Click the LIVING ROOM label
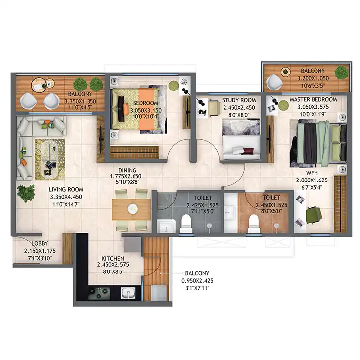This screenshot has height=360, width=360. (66, 190)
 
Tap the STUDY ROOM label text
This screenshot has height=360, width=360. (239, 100)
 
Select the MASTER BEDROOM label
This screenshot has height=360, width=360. (313, 100)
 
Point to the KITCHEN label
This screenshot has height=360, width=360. (113, 258)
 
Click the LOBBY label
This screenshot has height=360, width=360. (40, 243)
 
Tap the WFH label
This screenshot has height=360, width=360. (312, 173)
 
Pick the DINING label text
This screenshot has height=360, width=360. (127, 170)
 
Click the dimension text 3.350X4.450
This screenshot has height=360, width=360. (66, 197)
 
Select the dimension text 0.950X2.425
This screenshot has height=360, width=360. (197, 281)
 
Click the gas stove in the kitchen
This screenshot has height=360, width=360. (99, 293)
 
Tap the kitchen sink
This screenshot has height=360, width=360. (128, 293)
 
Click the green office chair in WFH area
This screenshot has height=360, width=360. (314, 215)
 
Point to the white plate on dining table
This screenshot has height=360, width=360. (133, 209)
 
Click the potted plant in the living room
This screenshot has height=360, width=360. (26, 193)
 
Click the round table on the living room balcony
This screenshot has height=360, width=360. (40, 85)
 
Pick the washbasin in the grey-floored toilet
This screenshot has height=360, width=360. (166, 225)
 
